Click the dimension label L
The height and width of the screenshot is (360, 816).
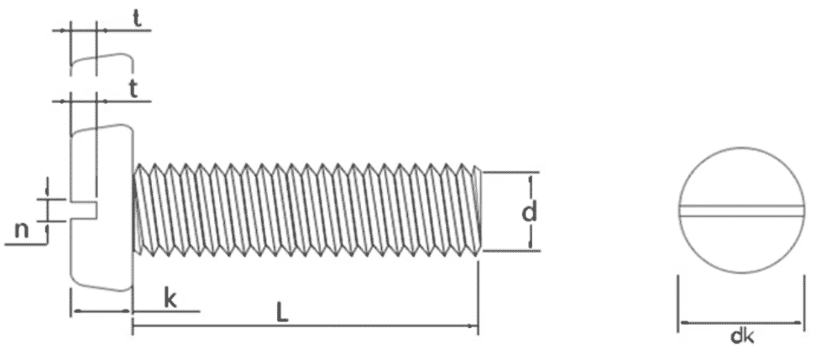[281, 312]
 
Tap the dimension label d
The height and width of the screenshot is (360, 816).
[528, 212]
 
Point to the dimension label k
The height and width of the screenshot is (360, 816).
[170, 299]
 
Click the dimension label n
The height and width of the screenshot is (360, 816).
[21, 229]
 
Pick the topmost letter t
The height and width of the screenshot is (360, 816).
[136, 18]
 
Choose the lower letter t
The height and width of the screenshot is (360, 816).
[133, 90]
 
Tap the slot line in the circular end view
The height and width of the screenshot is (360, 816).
[741, 210]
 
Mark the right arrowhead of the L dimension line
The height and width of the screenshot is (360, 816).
[473, 326]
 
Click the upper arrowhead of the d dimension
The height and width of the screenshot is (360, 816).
[531, 180]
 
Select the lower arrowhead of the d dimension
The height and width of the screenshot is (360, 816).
[531, 243]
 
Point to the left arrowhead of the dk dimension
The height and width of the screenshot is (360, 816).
[684, 323]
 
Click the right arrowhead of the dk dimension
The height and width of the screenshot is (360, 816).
[798, 323]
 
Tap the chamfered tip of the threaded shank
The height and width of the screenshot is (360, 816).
[479, 211]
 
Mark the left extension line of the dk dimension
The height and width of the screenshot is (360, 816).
[677, 303]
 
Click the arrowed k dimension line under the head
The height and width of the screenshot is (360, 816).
[101, 311]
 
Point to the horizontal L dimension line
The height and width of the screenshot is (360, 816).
[305, 326]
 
